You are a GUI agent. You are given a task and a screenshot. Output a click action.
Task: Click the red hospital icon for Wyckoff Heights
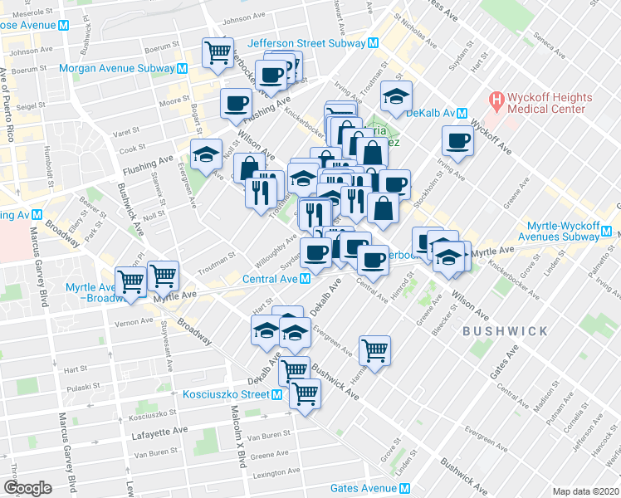point(497,102)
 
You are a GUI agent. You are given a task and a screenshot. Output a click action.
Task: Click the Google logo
point(27,487)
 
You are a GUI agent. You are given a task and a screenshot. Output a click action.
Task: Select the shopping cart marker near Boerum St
point(218,53)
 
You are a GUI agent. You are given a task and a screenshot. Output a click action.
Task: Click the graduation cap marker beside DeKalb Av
point(397,96)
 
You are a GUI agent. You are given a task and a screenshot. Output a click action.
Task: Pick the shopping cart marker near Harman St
point(374,349)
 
